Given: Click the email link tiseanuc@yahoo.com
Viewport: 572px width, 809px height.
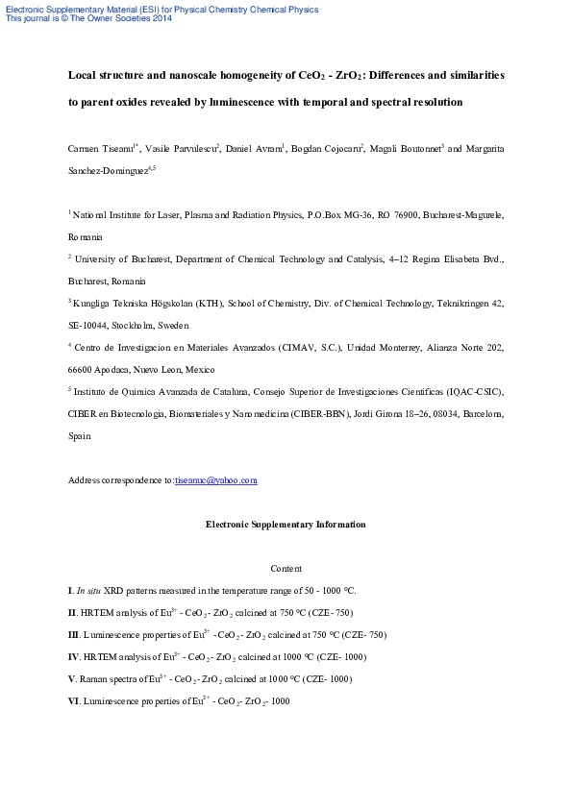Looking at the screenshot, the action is point(216,480).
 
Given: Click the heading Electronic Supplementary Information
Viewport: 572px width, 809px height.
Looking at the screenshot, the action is point(286,525).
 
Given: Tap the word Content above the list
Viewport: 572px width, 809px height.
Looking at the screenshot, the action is point(286,569).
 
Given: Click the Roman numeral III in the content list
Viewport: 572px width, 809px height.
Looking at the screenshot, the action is point(74,635).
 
